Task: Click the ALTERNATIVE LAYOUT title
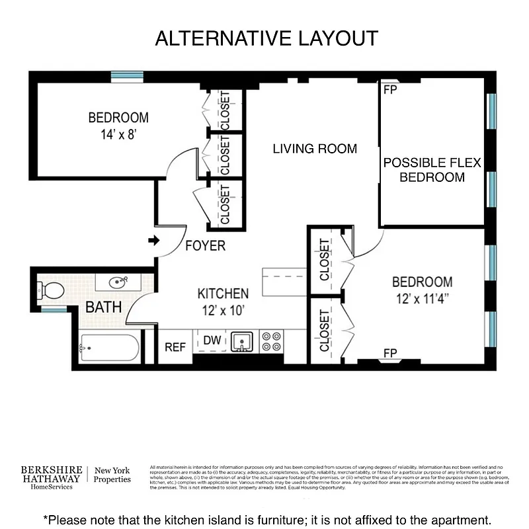266,38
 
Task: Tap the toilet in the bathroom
51,290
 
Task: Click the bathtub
109,347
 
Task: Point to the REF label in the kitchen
175,347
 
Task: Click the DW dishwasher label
212,341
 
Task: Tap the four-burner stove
271,341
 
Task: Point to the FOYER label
204,246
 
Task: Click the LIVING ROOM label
315,149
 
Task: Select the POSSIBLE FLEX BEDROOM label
432,170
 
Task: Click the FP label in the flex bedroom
390,89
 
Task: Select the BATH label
103,307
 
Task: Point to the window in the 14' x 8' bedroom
127,77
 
